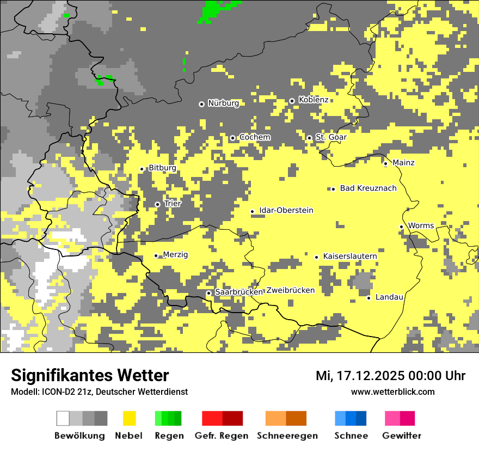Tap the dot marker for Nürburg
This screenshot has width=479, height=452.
(x=201, y=103)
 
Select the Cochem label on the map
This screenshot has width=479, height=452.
(x=255, y=137)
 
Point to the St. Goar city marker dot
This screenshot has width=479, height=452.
(x=309, y=138)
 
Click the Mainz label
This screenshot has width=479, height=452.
(x=403, y=163)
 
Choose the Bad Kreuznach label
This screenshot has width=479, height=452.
(x=368, y=188)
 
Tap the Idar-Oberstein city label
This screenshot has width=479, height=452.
(x=286, y=211)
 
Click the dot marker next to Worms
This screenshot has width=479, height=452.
(x=401, y=227)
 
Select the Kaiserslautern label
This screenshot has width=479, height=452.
(x=350, y=256)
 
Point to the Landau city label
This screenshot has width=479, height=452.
(x=389, y=297)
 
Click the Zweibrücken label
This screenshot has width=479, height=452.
(x=290, y=290)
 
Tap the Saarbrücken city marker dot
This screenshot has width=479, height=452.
(x=208, y=293)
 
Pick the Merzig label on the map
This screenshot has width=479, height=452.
(x=175, y=255)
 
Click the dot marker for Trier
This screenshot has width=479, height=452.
(x=157, y=204)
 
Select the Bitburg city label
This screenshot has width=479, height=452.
(x=162, y=168)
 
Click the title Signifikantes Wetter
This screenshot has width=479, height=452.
(x=90, y=375)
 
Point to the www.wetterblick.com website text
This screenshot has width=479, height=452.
(x=392, y=392)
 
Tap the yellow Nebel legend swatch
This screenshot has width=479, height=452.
(x=130, y=418)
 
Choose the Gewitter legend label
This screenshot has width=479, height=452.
(x=401, y=436)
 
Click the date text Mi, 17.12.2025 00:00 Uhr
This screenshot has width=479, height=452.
(x=390, y=376)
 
